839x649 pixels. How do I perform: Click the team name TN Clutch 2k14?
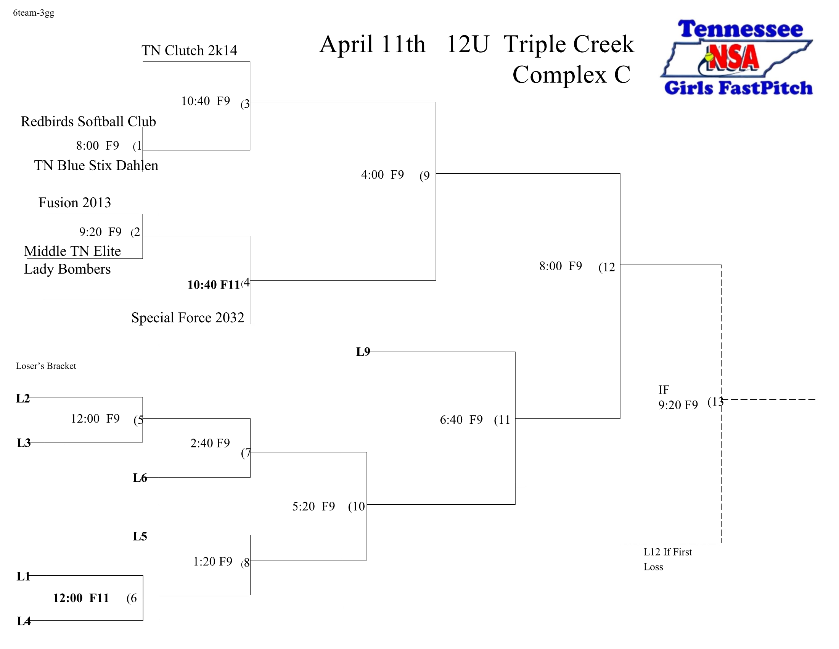tap(189, 50)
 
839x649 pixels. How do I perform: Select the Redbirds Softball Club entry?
tap(88, 121)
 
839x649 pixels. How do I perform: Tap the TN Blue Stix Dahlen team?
tap(96, 165)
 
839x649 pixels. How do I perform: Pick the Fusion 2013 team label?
tap(74, 203)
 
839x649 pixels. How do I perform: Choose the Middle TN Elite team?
tap(72, 251)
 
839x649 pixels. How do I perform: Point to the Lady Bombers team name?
tap(67, 269)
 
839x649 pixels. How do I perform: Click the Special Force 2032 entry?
tap(188, 318)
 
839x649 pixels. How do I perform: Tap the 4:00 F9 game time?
tap(382, 175)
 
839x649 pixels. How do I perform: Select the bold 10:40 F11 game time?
tap(213, 285)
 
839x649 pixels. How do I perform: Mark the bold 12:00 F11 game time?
tap(81, 598)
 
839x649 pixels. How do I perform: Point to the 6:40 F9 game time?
tap(461, 420)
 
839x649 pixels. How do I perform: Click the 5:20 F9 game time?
tap(313, 506)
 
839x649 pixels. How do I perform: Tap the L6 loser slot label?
tap(140, 478)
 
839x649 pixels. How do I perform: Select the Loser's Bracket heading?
tap(46, 366)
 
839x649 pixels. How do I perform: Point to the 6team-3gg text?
tap(34, 13)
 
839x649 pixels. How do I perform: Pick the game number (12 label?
tap(607, 267)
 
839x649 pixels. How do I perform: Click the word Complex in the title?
tap(559, 74)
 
